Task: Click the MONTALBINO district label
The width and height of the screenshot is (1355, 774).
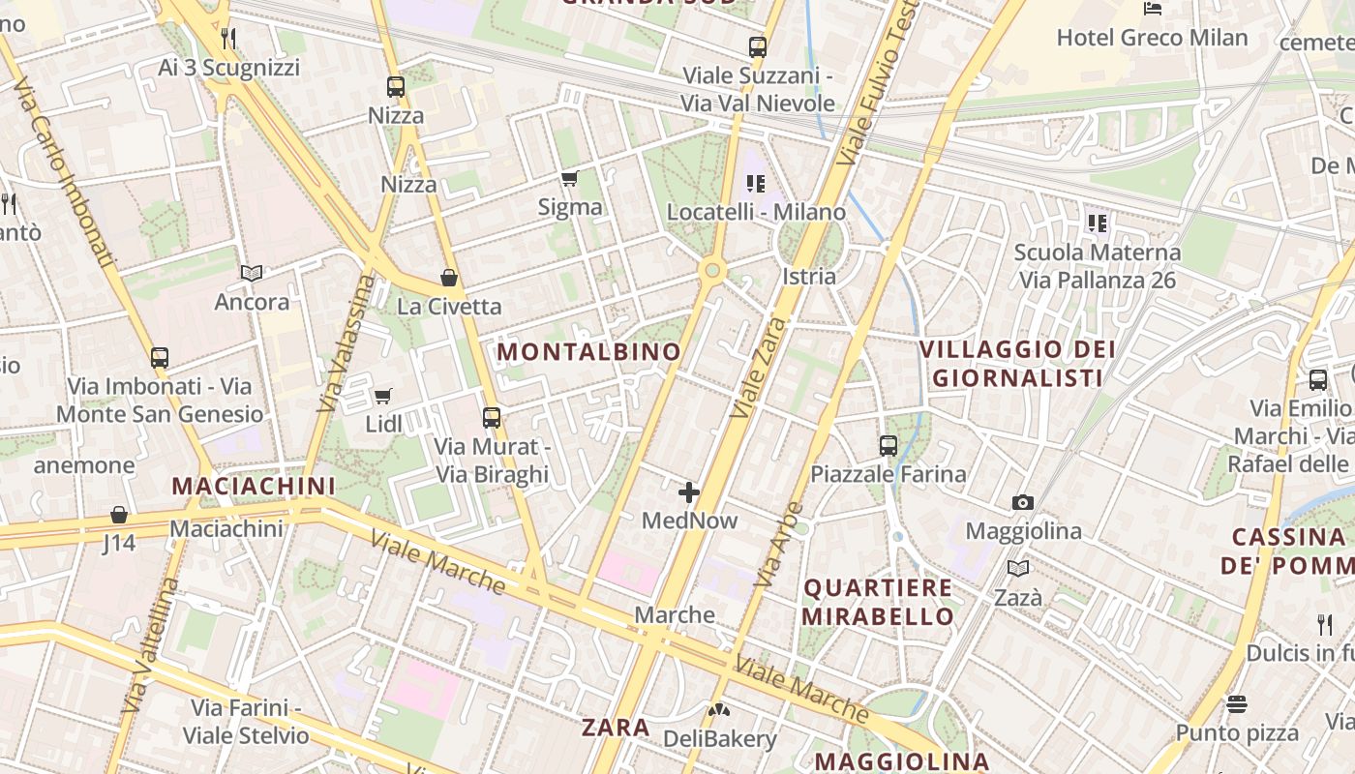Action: (x=589, y=351)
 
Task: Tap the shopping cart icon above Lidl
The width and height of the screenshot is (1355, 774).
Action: (x=383, y=396)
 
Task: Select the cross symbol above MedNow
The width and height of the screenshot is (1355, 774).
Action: (x=689, y=493)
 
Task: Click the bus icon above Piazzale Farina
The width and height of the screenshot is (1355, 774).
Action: (x=888, y=446)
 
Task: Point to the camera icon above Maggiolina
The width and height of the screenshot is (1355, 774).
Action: (x=1023, y=502)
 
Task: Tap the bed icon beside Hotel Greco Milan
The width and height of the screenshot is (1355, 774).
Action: (x=1152, y=9)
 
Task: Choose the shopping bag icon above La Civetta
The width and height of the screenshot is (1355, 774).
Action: (x=449, y=279)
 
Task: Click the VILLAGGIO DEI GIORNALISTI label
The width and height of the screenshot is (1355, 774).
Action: (x=1017, y=363)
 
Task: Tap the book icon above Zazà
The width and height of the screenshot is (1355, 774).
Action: (x=1017, y=569)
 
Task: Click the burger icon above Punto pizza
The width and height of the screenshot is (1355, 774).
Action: (x=1237, y=703)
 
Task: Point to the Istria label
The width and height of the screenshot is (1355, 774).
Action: (x=809, y=277)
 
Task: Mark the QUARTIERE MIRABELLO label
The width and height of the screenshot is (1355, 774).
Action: (x=878, y=602)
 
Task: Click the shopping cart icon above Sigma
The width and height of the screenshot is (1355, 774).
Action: (x=570, y=178)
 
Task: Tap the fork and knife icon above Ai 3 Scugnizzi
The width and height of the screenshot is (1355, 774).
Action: (x=229, y=39)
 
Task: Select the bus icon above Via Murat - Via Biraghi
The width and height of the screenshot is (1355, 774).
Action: (x=492, y=418)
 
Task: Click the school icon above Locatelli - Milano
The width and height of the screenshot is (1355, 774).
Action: (x=756, y=183)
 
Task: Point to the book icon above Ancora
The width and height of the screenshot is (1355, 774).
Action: (x=252, y=274)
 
